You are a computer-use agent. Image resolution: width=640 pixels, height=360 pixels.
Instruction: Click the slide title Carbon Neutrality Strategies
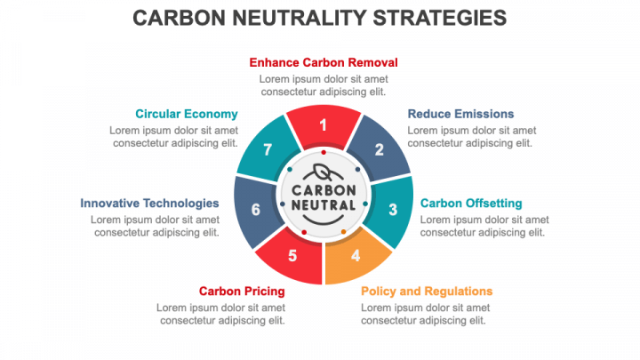[320, 18]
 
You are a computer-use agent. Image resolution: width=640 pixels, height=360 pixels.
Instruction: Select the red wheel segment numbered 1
[324, 125]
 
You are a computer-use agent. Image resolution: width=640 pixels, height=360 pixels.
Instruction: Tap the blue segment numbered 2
[379, 149]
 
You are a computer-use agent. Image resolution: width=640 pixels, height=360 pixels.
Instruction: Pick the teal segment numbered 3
[391, 210]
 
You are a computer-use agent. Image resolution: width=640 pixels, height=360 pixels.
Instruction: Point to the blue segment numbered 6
[256, 210]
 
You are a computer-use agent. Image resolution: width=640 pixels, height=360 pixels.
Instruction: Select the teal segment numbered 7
[268, 149]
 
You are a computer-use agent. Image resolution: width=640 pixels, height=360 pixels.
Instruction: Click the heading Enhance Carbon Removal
[324, 62]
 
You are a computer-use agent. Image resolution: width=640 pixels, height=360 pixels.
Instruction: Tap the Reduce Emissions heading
[460, 114]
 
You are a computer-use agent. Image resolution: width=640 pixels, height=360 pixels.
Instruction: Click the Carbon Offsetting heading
[471, 204]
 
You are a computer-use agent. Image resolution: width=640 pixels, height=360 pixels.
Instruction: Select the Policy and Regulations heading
[427, 291]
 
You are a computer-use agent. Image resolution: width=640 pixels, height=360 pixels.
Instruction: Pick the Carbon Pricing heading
[242, 291]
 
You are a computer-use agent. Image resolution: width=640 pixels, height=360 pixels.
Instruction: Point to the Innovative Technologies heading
[149, 204]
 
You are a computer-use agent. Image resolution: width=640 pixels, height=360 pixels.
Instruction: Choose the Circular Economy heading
[187, 114]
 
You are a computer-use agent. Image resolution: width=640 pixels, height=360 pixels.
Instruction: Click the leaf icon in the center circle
[324, 172]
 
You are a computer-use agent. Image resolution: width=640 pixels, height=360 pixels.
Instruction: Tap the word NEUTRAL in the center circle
[324, 205]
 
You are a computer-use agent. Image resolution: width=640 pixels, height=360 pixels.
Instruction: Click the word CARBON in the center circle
[324, 190]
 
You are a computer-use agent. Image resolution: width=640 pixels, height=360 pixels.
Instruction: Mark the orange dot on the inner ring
[344, 232]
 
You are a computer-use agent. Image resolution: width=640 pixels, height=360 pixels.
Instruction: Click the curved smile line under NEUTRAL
[324, 223]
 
